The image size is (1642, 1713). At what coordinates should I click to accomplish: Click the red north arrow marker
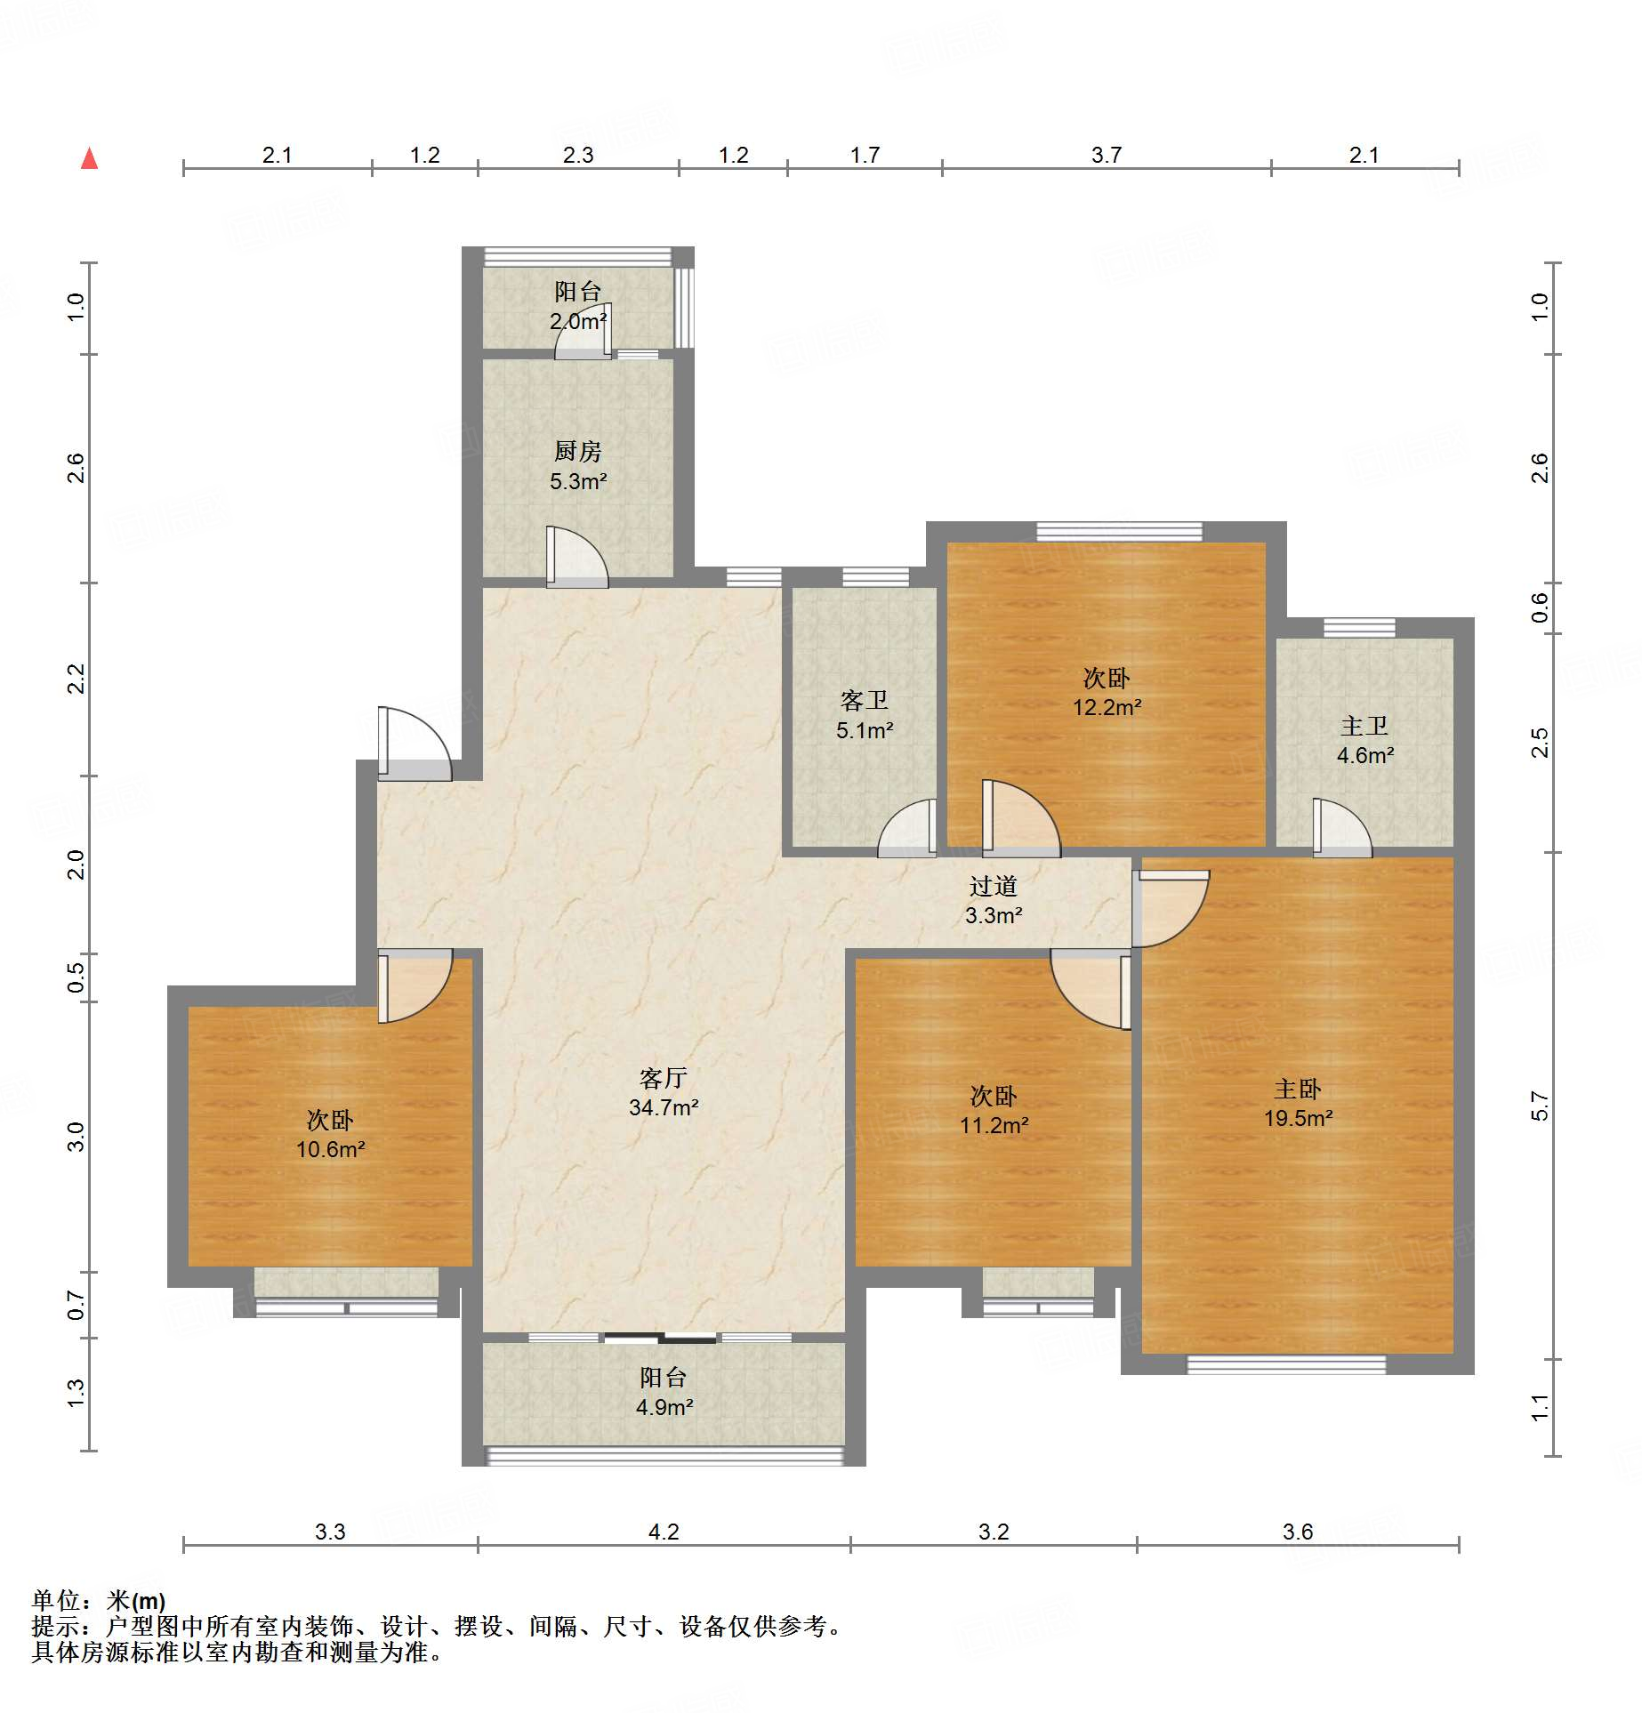point(89,158)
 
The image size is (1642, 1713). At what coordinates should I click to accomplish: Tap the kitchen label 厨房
point(578,452)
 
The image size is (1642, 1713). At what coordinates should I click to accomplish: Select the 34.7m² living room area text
point(664,1107)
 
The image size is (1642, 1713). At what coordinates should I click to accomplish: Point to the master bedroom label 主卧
point(1298,1089)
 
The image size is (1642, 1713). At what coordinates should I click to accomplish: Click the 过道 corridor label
point(994,886)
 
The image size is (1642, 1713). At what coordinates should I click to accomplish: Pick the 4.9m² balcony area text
point(664,1407)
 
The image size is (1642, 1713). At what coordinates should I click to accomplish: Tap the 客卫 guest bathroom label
point(865,701)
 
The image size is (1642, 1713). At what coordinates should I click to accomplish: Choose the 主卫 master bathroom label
point(1364,726)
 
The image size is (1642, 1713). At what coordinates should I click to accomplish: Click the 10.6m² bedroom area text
point(331,1149)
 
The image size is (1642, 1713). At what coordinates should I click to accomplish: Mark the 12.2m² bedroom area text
point(1107,707)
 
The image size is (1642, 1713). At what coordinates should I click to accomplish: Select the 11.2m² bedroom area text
point(994,1125)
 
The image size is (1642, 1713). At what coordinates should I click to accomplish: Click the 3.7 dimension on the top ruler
point(1107,155)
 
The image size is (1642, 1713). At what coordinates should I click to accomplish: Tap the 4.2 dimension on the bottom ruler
point(664,1532)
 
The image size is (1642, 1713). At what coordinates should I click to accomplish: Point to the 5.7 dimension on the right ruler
point(1540,1106)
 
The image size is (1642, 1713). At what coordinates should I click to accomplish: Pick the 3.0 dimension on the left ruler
point(76,1137)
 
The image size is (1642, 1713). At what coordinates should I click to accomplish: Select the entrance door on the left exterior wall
point(415,744)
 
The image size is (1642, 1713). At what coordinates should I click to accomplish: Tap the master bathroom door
point(1342,828)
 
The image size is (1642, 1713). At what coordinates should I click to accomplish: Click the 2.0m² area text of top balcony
point(578,321)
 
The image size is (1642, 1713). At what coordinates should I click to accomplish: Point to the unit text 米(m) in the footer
point(136,1601)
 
